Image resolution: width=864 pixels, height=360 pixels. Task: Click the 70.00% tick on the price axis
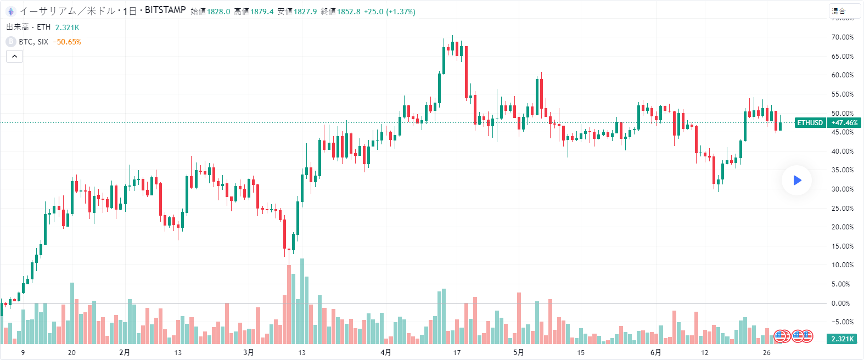[x=842, y=37]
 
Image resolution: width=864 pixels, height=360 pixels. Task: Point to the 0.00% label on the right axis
[x=840, y=303]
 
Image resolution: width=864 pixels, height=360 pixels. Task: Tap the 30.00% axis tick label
[x=842, y=189]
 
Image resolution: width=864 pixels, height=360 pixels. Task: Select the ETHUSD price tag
[x=810, y=123]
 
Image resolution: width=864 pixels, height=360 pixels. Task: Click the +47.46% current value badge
[x=844, y=123]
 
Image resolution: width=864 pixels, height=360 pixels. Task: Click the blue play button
[x=797, y=180]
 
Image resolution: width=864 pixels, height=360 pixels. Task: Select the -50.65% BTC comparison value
[x=67, y=42]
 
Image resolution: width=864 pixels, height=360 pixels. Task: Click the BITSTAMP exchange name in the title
[x=165, y=10]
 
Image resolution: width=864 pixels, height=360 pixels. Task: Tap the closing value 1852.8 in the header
[x=349, y=12]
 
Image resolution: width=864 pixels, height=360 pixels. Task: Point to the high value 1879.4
[x=262, y=12]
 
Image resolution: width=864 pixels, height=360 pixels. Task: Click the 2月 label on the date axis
[x=125, y=352]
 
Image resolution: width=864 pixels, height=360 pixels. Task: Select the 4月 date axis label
[x=386, y=352]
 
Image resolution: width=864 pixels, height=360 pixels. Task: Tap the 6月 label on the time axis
[x=655, y=352]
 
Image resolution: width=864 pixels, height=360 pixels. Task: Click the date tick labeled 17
[x=457, y=352]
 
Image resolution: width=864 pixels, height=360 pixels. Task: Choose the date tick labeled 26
[x=766, y=352]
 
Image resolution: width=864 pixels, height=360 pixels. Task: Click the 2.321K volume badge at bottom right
[x=842, y=339]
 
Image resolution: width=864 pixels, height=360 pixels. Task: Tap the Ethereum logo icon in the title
[x=10, y=11]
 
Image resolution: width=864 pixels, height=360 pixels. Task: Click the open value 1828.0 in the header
[x=218, y=12]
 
